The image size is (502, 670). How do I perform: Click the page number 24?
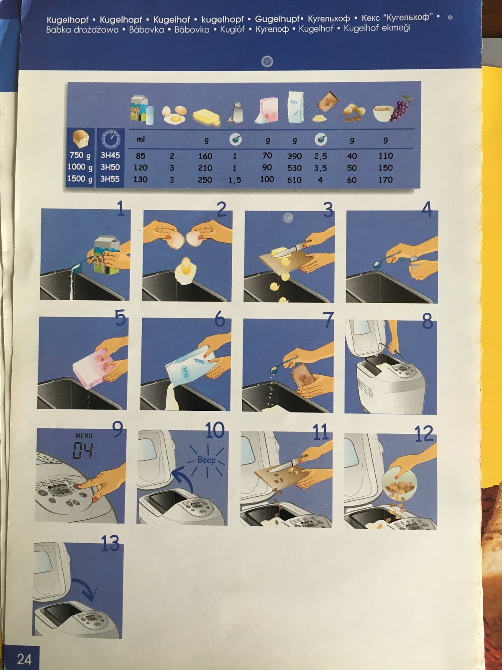(x=24, y=659)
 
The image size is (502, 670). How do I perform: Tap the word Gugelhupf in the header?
(x=277, y=19)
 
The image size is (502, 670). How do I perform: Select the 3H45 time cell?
(x=110, y=155)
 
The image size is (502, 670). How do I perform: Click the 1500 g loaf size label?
(x=80, y=179)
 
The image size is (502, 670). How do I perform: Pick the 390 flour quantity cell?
(x=295, y=156)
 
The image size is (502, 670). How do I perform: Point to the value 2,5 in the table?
(x=320, y=156)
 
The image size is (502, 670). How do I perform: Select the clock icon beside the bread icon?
(x=111, y=139)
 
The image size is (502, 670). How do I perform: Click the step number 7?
(x=328, y=320)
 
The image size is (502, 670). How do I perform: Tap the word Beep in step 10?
(x=207, y=460)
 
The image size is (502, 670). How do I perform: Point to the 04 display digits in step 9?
(x=82, y=451)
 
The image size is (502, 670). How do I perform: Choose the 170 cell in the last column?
(x=385, y=180)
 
